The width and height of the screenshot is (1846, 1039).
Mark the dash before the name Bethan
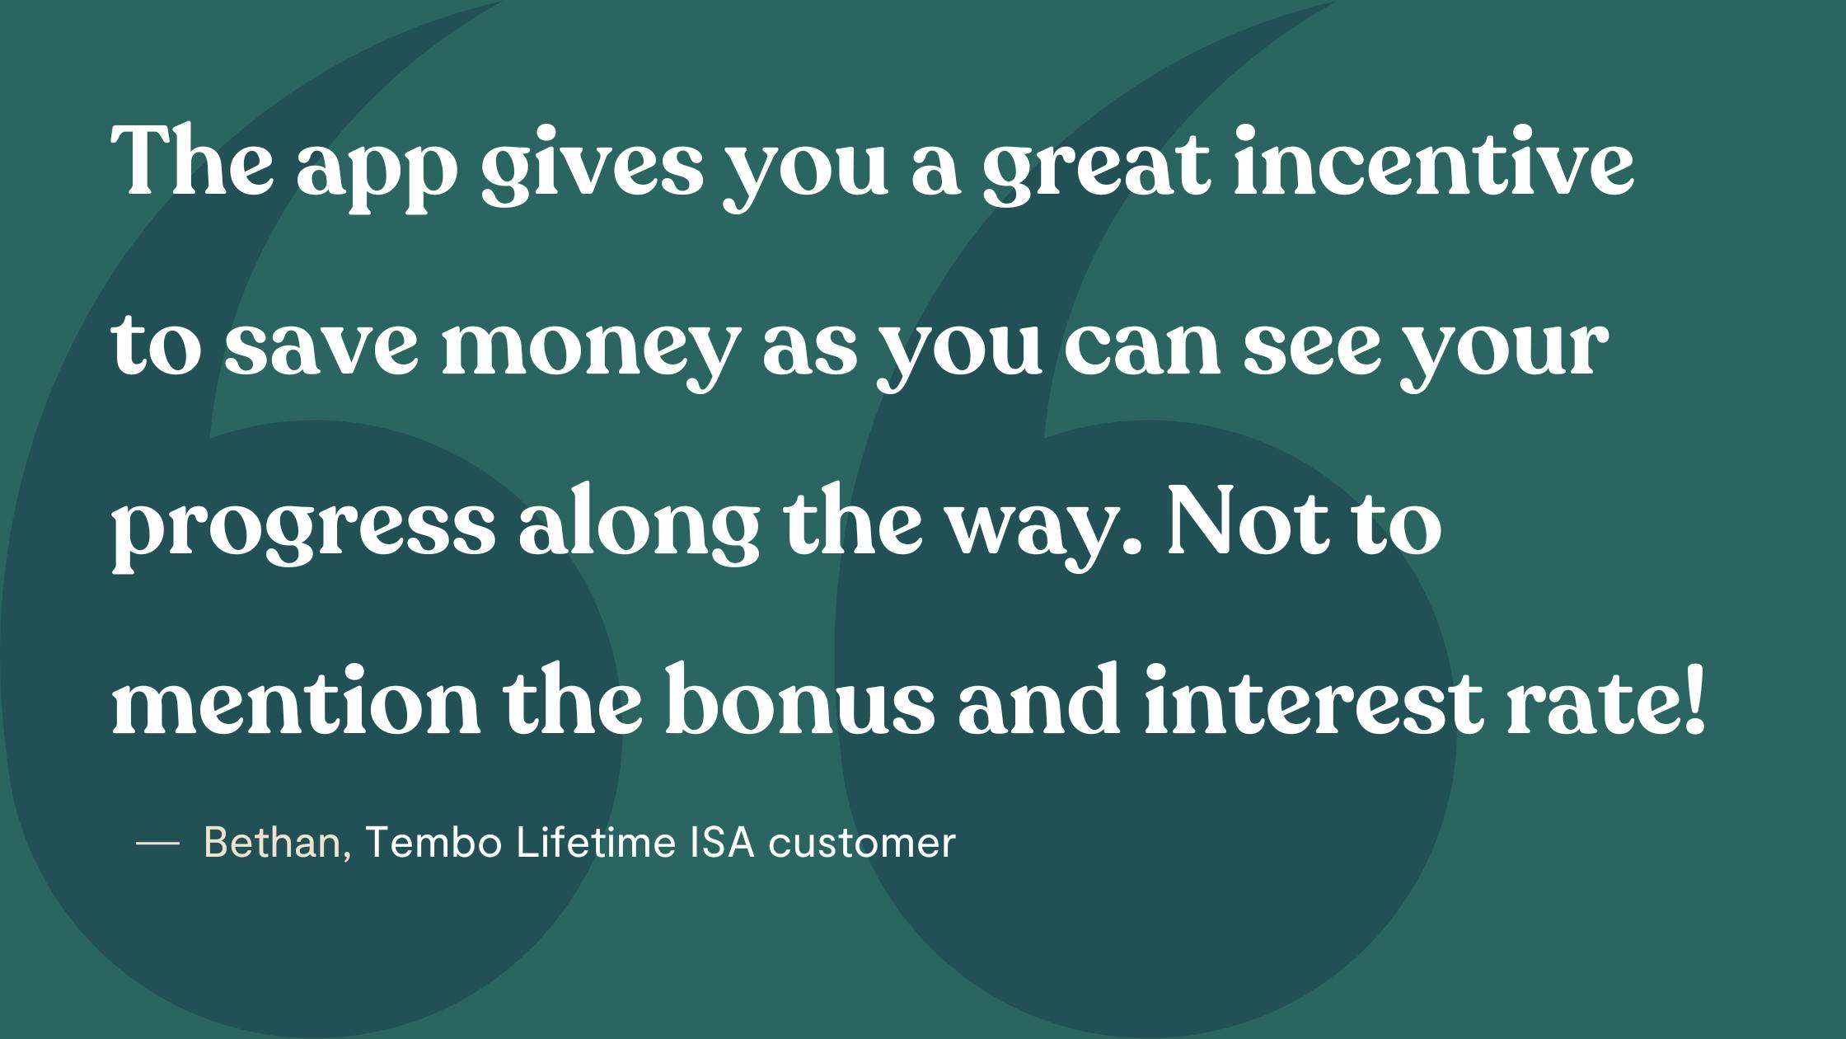point(157,843)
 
